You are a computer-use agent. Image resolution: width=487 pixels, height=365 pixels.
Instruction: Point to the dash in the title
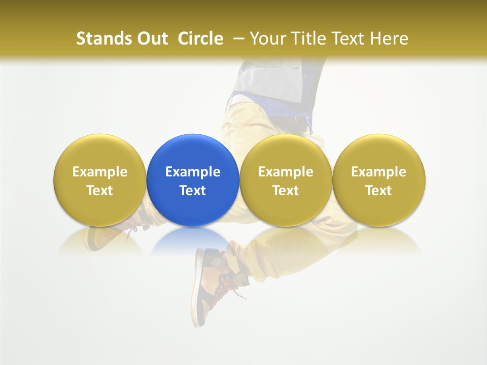tap(239, 39)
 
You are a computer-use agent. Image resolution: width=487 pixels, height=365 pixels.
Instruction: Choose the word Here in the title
tap(389, 39)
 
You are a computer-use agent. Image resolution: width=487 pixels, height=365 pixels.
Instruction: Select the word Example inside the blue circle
tap(193, 172)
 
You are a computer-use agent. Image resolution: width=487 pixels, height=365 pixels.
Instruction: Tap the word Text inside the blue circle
tap(193, 191)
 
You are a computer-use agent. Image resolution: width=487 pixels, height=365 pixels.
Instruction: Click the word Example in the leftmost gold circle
tap(100, 172)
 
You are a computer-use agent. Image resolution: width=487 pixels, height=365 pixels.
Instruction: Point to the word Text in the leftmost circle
tap(100, 191)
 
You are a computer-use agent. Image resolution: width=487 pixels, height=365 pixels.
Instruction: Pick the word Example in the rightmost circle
tap(379, 172)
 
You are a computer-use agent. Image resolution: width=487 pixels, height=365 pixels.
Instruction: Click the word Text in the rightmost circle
tap(379, 191)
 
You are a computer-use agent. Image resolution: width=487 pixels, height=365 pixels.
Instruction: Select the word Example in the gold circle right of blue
tap(286, 172)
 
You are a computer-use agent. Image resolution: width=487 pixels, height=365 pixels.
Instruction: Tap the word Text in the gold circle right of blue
tap(286, 191)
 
